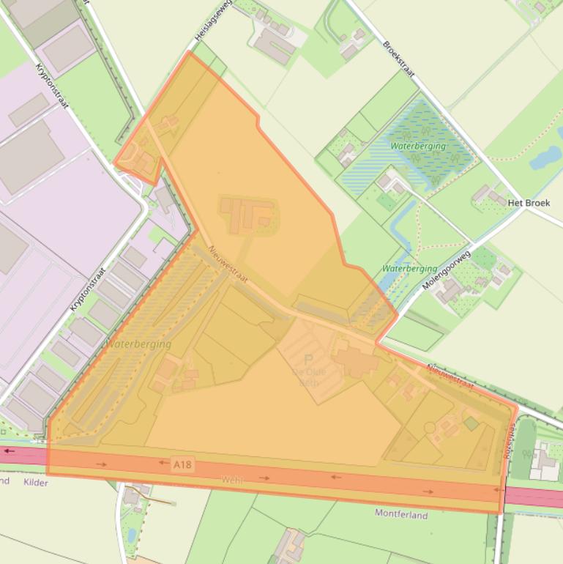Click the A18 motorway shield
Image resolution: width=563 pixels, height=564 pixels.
coord(183,464)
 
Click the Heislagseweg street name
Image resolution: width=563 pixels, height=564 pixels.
coord(213,20)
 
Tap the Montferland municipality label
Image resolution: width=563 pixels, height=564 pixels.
coord(401,515)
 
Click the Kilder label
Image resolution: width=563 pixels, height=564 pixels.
coord(35,483)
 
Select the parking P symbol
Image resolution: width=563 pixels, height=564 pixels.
coord(308,360)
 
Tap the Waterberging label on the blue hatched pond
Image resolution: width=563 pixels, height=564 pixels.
coord(417,146)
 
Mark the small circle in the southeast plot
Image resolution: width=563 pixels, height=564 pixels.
coord(430,426)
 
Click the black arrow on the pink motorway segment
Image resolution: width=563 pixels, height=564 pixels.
coord(9,451)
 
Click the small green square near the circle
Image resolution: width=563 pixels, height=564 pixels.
coord(471,423)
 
